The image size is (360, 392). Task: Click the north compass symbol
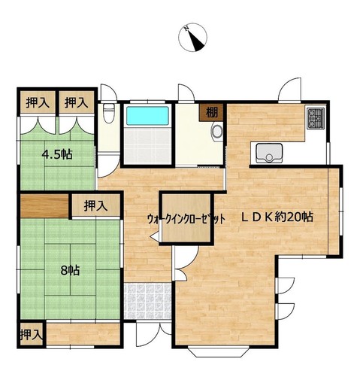(193, 38)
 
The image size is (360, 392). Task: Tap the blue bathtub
(147, 116)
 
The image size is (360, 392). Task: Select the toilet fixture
(109, 113)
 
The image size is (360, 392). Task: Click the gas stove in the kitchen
(316, 118)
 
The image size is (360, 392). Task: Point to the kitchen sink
(269, 153)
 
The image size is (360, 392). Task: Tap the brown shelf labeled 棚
(211, 112)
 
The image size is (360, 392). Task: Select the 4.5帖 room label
(57, 154)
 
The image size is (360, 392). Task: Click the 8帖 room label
(71, 270)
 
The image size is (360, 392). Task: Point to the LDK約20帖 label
(277, 217)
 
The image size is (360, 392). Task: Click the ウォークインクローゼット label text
(186, 219)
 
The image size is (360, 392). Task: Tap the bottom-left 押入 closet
(32, 334)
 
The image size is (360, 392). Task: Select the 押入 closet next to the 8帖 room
(96, 205)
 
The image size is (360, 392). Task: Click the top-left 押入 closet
(38, 102)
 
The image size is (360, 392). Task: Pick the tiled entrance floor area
(147, 301)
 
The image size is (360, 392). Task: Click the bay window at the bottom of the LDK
(218, 351)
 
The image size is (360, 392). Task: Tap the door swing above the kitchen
(290, 90)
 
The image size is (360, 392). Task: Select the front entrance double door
(153, 334)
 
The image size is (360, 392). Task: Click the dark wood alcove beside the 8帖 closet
(44, 206)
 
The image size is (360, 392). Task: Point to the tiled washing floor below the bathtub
(147, 145)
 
